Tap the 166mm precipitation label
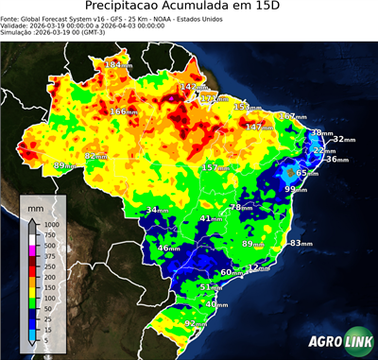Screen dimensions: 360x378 [122, 111]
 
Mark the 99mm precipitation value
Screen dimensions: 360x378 [296, 189]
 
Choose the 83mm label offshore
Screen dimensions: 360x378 [300, 243]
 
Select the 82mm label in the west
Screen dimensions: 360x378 [95, 156]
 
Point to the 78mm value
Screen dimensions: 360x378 [241, 207]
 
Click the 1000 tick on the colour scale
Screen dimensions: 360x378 [50, 224]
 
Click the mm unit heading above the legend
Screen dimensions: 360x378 [35, 206]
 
